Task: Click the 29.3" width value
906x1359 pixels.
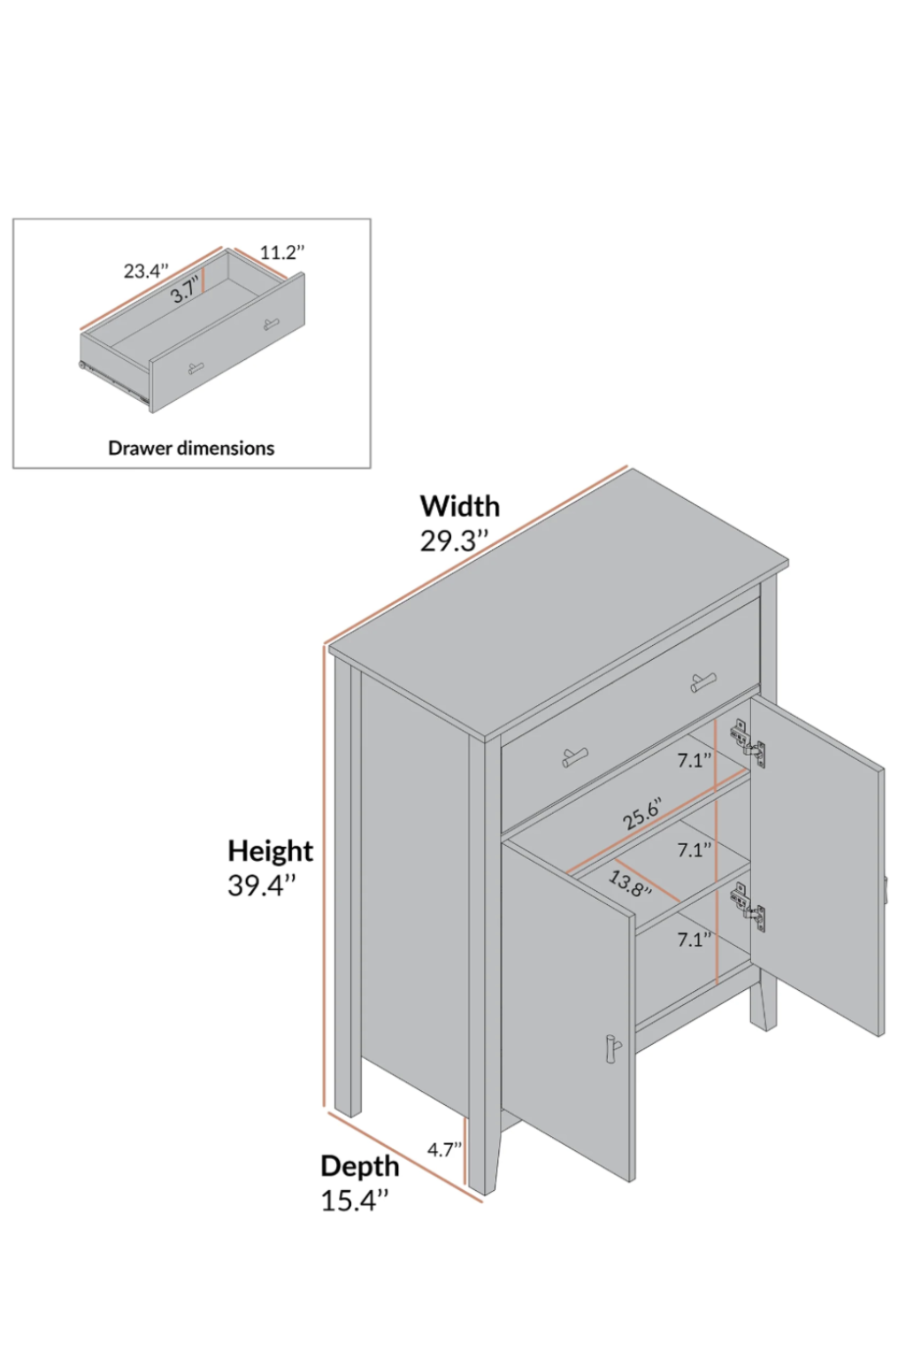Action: [454, 541]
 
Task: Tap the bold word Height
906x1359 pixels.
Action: [270, 850]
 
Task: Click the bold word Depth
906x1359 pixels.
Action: [359, 1166]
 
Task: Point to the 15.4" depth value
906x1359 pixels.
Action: [354, 1201]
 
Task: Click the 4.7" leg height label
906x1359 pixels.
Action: [445, 1149]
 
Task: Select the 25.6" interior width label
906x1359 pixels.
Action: [641, 812]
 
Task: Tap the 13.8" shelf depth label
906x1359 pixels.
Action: [630, 883]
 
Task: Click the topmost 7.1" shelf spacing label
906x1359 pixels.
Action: [695, 760]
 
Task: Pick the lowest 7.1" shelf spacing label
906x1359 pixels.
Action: [695, 940]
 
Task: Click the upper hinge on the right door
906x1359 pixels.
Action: [749, 741]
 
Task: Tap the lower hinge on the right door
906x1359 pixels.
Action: [749, 908]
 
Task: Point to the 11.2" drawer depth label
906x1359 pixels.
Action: [282, 252]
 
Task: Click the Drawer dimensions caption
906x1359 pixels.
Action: [191, 448]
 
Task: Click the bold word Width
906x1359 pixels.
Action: [459, 506]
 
